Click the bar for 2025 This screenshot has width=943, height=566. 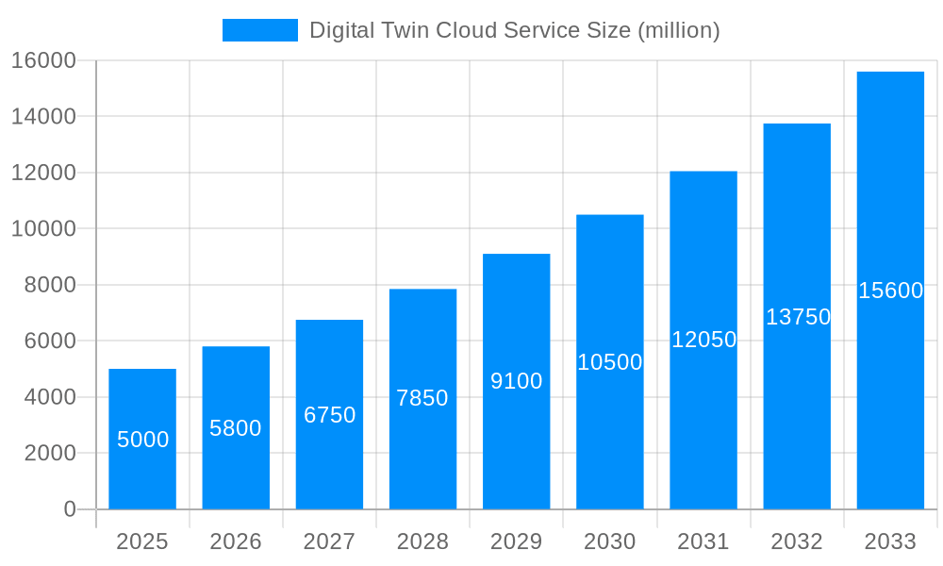point(142,439)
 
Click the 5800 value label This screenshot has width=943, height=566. point(236,428)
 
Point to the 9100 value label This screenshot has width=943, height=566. point(517,381)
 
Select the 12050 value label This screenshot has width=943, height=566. point(703,340)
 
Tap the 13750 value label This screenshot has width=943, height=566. point(798,317)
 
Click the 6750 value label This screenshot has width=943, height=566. point(329,415)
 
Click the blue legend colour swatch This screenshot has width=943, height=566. point(260,30)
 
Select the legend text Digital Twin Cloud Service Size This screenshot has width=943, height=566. point(514,30)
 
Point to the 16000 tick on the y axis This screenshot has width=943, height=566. point(43,60)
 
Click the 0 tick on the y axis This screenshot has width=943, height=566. point(70,509)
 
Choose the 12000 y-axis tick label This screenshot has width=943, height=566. point(43,173)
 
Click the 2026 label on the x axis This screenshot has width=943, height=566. point(236,541)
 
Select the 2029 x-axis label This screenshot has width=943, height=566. point(517,541)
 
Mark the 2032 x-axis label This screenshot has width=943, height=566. point(797,541)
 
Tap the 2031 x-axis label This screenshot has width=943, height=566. point(703,541)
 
